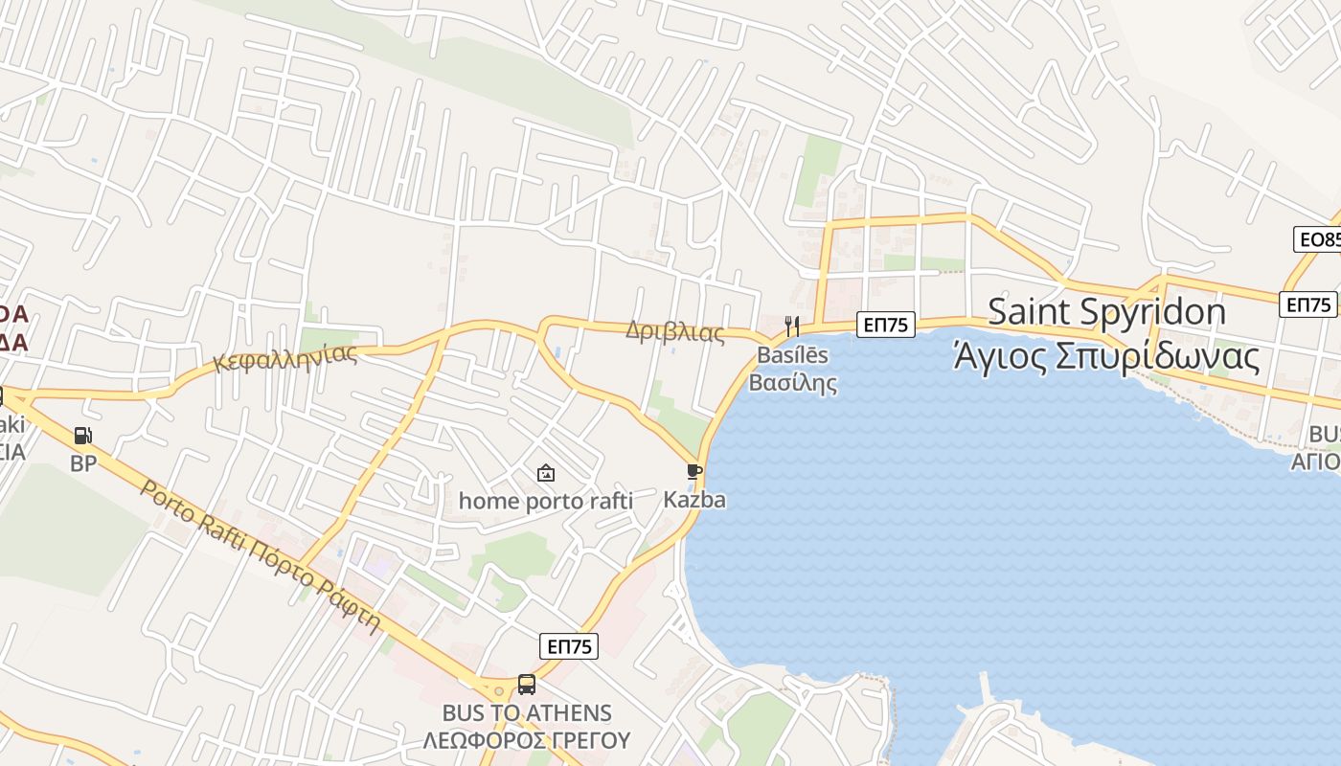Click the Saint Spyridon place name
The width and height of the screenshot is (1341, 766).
tap(1106, 311)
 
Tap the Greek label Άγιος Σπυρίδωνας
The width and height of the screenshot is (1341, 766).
tap(1106, 355)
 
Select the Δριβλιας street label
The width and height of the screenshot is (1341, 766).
tap(675, 332)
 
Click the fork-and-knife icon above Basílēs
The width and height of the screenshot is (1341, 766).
tap(792, 327)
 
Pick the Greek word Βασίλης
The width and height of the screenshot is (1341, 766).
tap(792, 384)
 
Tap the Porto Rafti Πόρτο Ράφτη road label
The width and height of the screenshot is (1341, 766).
tap(261, 555)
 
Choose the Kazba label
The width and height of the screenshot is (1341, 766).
tap(694, 500)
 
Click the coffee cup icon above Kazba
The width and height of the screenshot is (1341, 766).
tap(694, 471)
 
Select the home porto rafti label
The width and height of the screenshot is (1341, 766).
tap(546, 501)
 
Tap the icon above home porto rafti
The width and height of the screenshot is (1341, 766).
tap(546, 473)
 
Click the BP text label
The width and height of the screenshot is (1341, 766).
tap(83, 463)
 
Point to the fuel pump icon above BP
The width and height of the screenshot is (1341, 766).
tap(83, 437)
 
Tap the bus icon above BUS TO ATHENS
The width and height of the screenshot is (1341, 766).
tap(527, 685)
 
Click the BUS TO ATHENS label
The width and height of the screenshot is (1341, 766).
tap(527, 713)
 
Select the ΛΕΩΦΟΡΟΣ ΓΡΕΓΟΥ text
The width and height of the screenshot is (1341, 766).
tap(527, 740)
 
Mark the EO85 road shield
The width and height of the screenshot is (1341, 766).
tap(1318, 239)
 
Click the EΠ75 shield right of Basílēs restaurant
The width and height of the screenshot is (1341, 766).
tap(885, 325)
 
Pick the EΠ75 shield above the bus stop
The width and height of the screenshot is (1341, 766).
tap(569, 646)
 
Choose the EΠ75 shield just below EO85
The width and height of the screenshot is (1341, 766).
tap(1308, 304)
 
